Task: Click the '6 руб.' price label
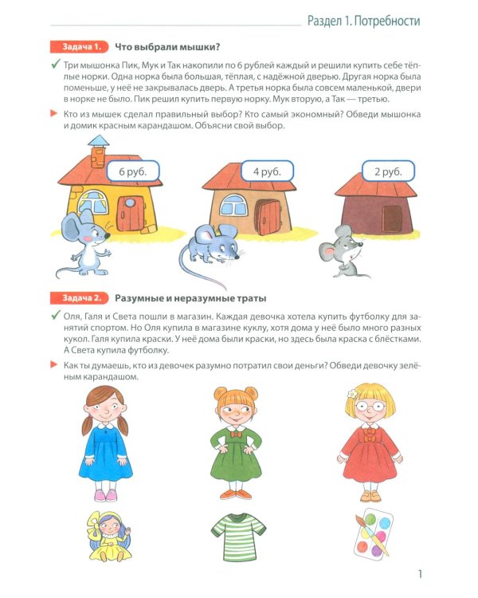click(x=132, y=171)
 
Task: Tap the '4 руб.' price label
click(x=267, y=171)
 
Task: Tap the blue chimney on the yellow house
click(x=99, y=146)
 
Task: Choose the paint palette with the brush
click(x=372, y=531)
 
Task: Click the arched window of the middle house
click(x=236, y=203)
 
